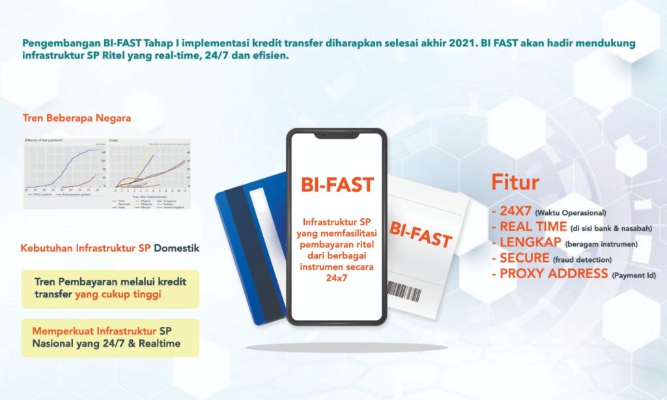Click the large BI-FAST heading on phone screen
tap(337, 184)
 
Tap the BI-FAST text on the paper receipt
tap(421, 234)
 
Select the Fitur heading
tap(515, 182)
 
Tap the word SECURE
tap(525, 258)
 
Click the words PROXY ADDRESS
tap(554, 274)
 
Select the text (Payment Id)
tap(634, 276)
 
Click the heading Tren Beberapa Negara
tap(77, 118)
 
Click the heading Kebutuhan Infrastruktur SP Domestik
tap(110, 248)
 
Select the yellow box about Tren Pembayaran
tap(109, 289)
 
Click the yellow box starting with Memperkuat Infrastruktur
tap(109, 337)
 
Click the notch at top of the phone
tap(337, 135)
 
